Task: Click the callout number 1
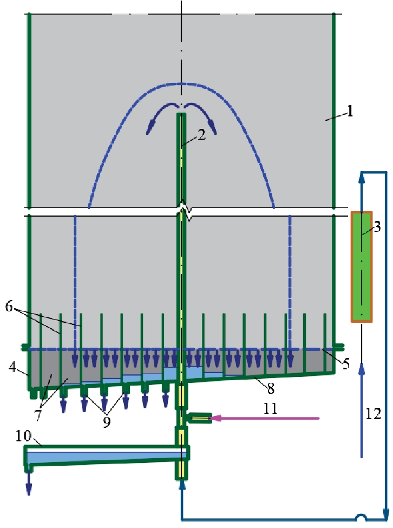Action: [x=350, y=111]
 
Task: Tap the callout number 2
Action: [x=201, y=135]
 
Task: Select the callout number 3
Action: [x=377, y=227]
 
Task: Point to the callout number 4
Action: [x=12, y=367]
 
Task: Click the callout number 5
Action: [x=346, y=363]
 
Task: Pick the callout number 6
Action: [x=9, y=307]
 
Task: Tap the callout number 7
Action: [x=38, y=415]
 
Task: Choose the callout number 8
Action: [x=271, y=388]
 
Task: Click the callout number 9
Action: [x=107, y=422]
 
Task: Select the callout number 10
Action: [x=24, y=436]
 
